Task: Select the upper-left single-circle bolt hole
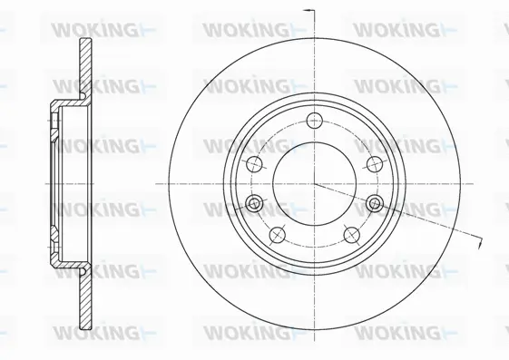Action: click(255, 163)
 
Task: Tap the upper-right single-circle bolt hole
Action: click(373, 163)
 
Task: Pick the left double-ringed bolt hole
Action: click(254, 202)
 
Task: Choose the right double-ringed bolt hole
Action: click(374, 202)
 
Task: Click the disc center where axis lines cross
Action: click(314, 183)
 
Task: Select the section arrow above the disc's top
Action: click(308, 11)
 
